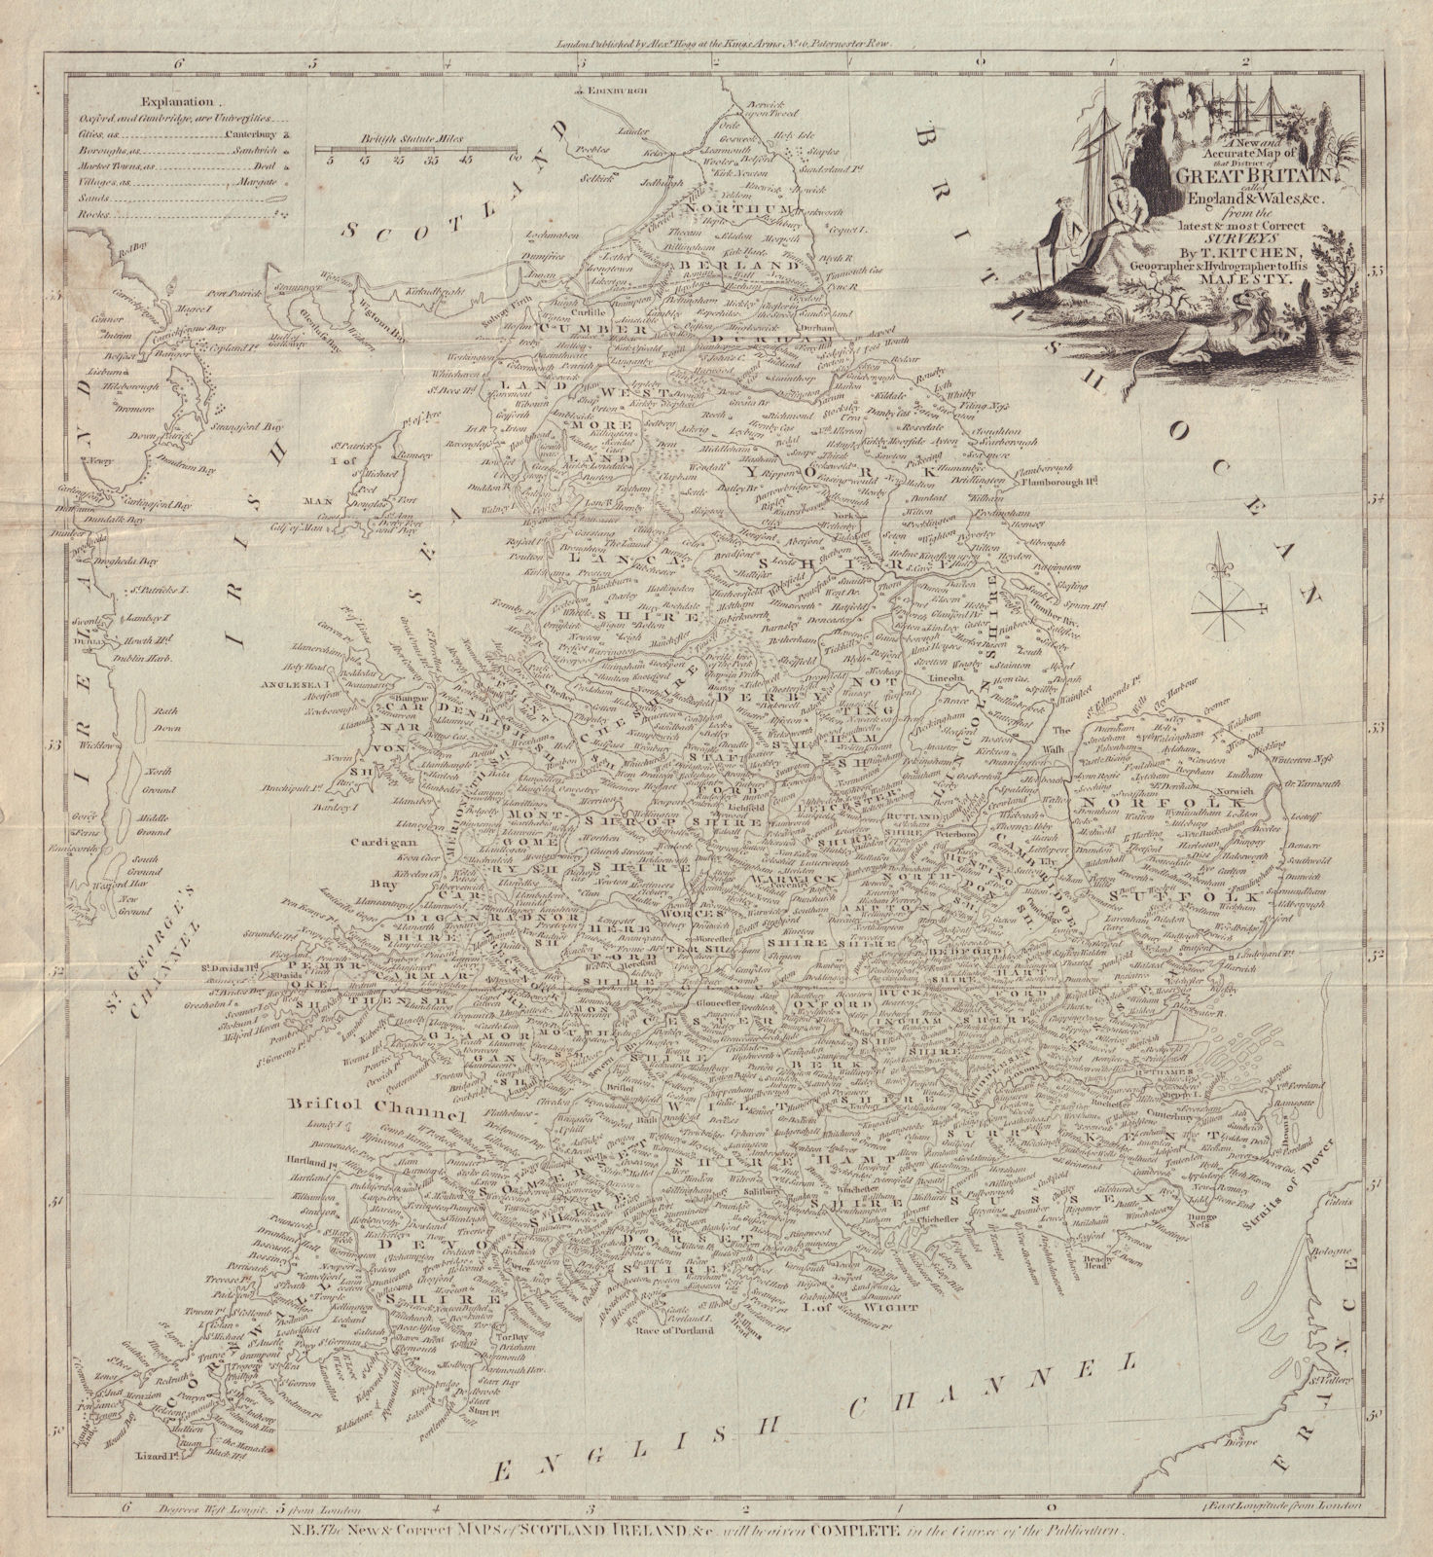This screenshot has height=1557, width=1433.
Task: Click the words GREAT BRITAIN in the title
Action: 1246,176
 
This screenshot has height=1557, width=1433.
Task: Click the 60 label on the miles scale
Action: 516,158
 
